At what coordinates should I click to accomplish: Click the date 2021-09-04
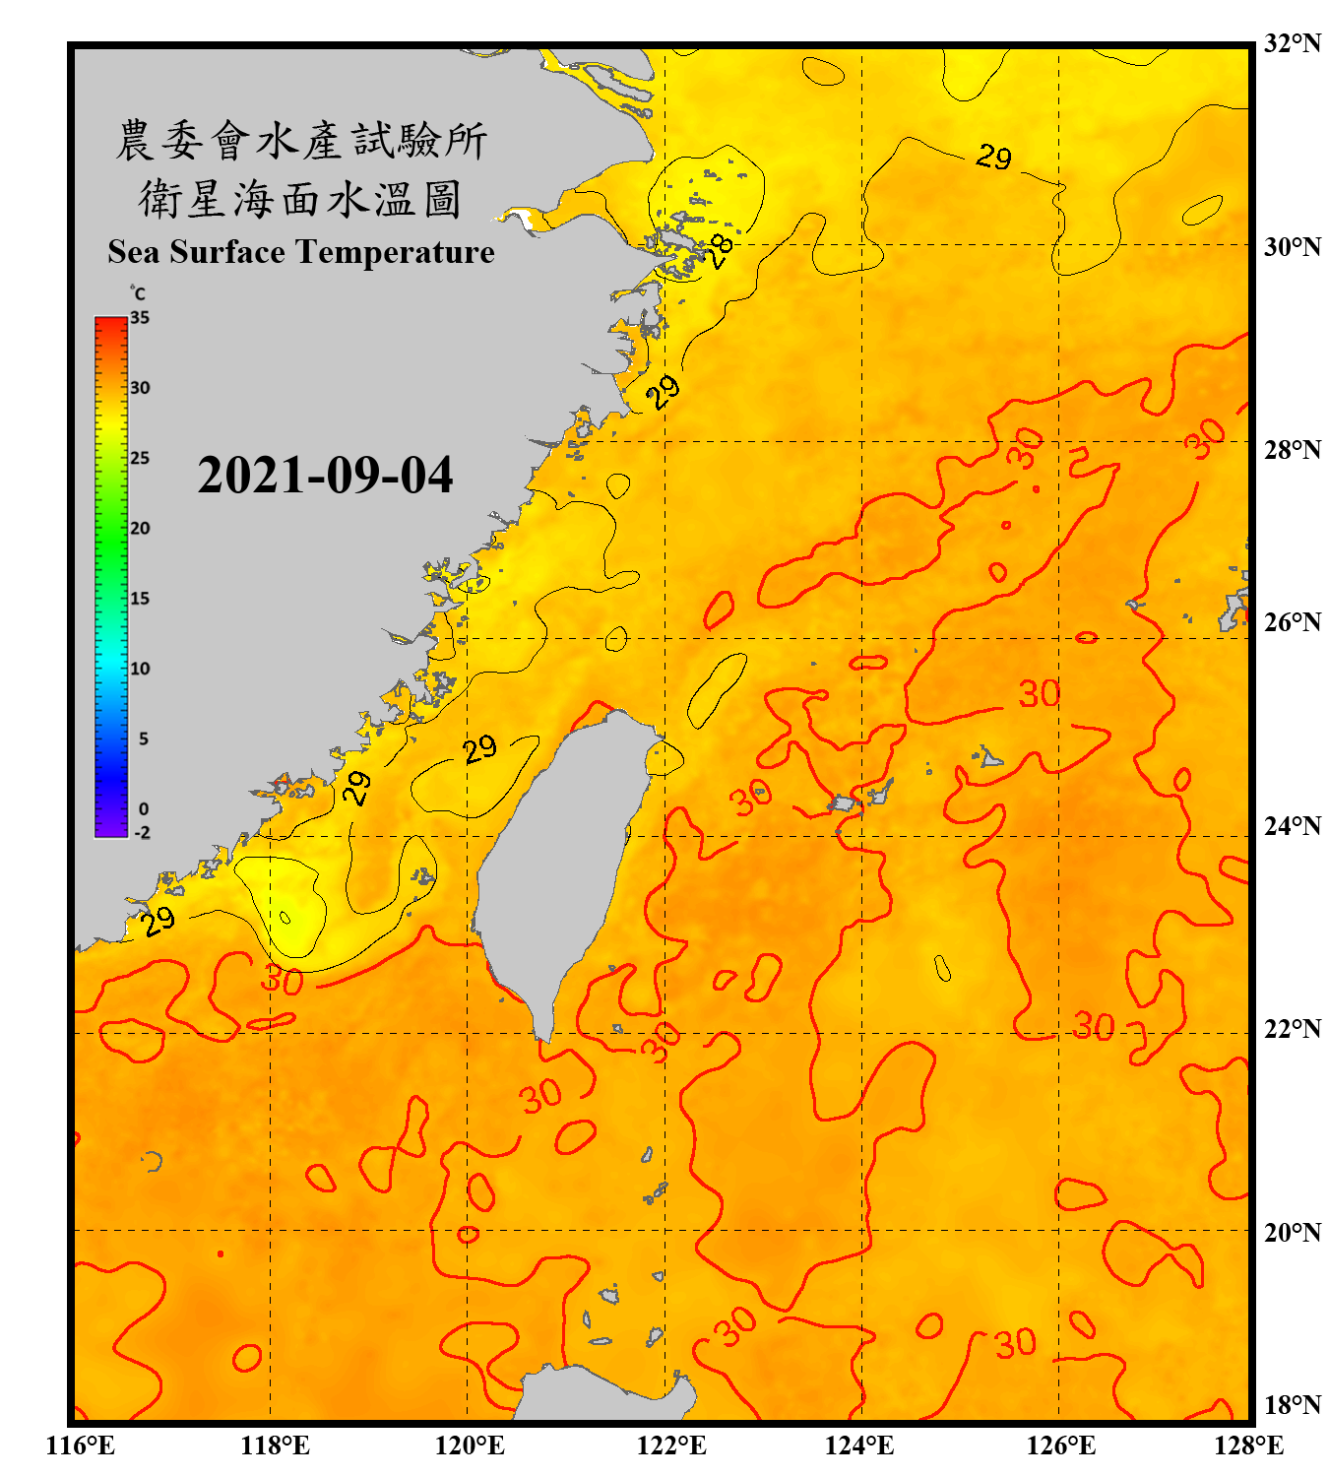point(325,476)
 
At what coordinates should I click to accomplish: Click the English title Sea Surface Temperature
point(301,252)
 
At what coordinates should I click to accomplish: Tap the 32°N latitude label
point(1292,43)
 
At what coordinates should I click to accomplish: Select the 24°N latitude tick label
point(1292,825)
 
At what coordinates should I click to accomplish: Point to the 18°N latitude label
point(1292,1404)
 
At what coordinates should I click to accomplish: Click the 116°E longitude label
point(81,1445)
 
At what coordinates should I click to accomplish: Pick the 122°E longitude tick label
point(671,1445)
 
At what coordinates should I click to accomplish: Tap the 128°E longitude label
point(1248,1445)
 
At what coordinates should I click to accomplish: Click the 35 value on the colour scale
point(140,318)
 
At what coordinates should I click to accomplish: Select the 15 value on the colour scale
point(140,599)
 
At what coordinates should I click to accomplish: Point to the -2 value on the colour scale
point(142,832)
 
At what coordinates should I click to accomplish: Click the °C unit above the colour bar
point(138,293)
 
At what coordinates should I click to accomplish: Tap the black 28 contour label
point(721,251)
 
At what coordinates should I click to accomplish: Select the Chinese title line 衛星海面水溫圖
point(300,199)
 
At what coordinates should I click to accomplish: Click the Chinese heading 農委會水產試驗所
point(301,141)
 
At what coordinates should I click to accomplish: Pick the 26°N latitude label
point(1292,622)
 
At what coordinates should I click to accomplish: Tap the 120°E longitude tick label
point(470,1445)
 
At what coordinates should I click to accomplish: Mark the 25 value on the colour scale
point(140,458)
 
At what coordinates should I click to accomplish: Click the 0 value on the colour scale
point(144,808)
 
